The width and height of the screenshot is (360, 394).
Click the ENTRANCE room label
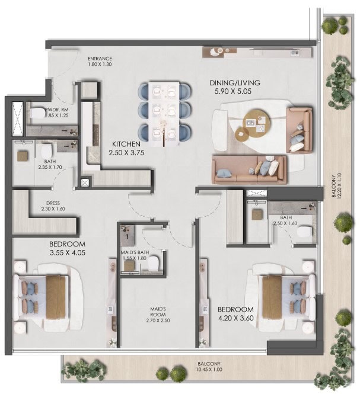[100, 59]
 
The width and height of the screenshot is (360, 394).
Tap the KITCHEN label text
[126, 144]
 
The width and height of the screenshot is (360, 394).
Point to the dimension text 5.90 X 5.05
[233, 91]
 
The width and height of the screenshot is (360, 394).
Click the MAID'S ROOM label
[158, 312]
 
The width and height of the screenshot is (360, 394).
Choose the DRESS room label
[53, 203]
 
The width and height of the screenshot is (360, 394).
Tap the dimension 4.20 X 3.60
[235, 318]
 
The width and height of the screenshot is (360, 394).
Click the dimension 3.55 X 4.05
[68, 252]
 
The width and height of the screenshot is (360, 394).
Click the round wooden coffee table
[257, 123]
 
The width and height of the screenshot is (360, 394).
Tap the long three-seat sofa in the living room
[249, 169]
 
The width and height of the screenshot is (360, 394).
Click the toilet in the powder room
[37, 113]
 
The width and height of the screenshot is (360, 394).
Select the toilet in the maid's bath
[153, 263]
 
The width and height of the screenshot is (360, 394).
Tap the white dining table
[164, 113]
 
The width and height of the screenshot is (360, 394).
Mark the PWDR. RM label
[57, 110]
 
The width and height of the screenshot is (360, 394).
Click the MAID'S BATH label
[135, 252]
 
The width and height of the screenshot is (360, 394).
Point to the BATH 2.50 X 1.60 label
[286, 220]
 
